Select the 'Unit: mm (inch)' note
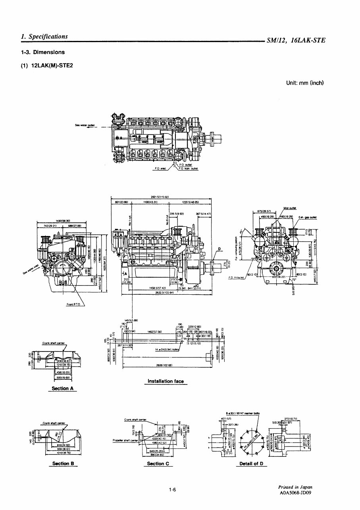[305, 83]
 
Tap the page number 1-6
[172, 490]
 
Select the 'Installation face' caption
[166, 381]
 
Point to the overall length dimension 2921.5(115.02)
[161, 197]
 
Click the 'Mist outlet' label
[289, 207]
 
